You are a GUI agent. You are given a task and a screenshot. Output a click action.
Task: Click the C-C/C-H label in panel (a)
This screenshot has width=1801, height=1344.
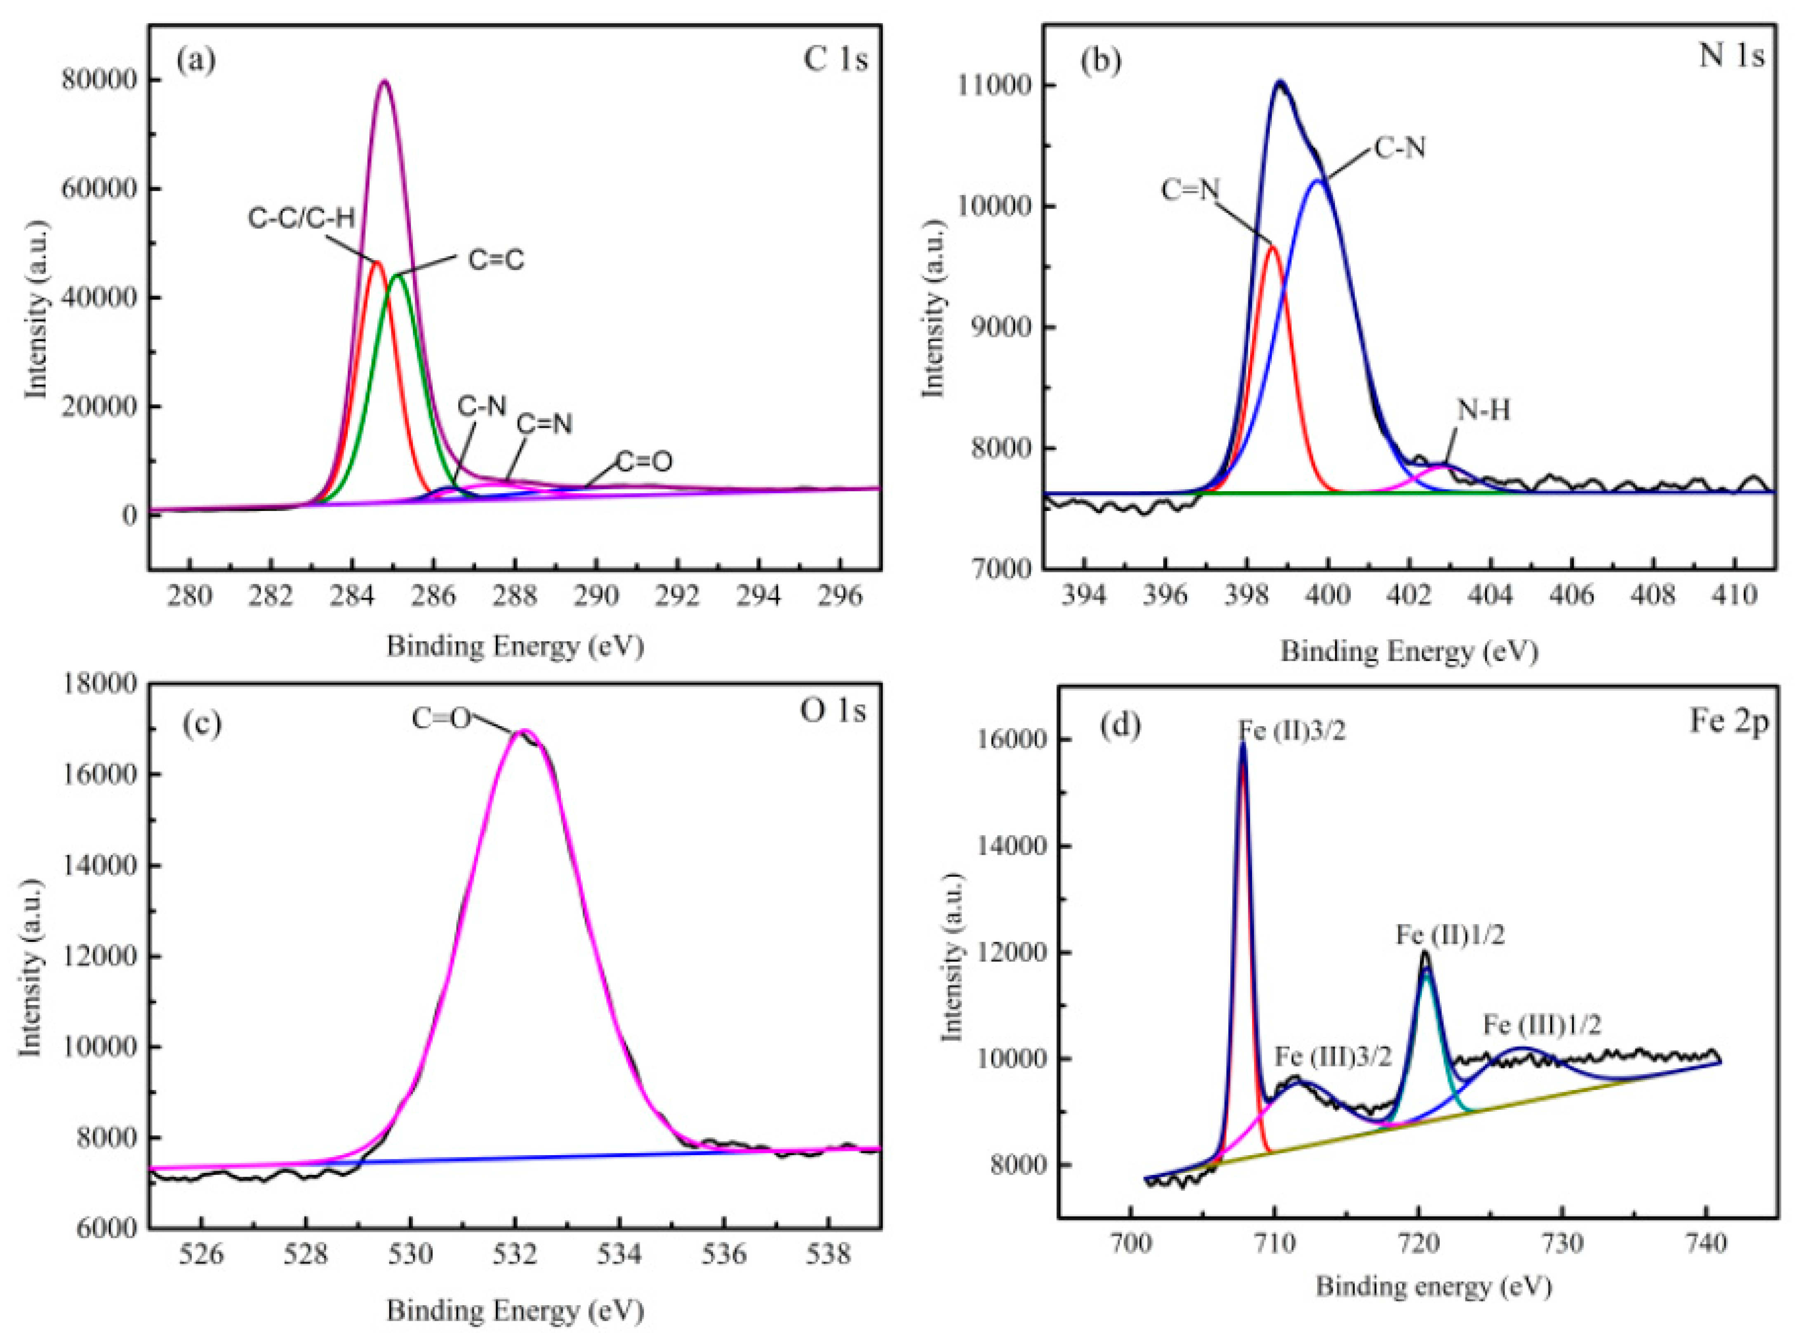(301, 218)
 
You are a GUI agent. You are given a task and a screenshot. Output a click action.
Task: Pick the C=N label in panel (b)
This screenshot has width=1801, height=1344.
(1190, 190)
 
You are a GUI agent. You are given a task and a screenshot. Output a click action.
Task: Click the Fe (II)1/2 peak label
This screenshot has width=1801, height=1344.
(1450, 935)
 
